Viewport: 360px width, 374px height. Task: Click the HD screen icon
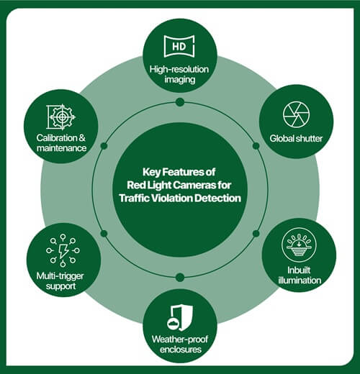pyautogui.click(x=179, y=46)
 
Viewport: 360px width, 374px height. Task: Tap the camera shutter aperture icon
pyautogui.click(x=296, y=114)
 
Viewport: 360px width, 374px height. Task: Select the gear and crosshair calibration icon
pyautogui.click(x=61, y=117)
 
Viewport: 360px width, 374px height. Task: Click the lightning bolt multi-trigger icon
pyautogui.click(x=63, y=250)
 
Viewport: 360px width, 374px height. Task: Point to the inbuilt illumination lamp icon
pyautogui.click(x=299, y=245)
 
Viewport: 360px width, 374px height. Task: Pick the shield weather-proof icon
pyautogui.click(x=180, y=317)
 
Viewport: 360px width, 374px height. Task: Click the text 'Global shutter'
pyautogui.click(x=296, y=139)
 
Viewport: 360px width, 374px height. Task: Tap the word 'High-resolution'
pyautogui.click(x=179, y=69)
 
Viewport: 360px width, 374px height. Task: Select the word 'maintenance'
pyautogui.click(x=61, y=148)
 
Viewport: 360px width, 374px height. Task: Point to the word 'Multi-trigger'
pyautogui.click(x=60, y=276)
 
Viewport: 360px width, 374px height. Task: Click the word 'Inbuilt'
pyautogui.click(x=299, y=270)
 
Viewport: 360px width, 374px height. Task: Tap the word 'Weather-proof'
pyautogui.click(x=180, y=339)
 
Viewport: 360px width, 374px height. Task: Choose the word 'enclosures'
pyautogui.click(x=181, y=350)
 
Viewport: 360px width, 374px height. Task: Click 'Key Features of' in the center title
pyautogui.click(x=179, y=172)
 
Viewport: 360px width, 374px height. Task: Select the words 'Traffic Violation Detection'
pyautogui.click(x=180, y=199)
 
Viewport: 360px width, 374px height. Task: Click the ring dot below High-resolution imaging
pyautogui.click(x=180, y=102)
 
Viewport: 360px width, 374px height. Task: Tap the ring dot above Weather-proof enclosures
pyautogui.click(x=180, y=278)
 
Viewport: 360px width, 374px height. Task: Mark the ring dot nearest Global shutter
pyautogui.click(x=256, y=146)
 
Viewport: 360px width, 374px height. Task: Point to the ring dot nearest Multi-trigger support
pyautogui.click(x=104, y=233)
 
